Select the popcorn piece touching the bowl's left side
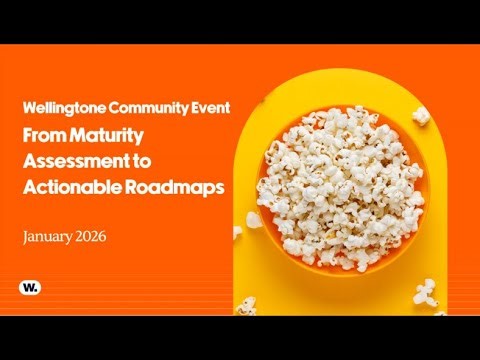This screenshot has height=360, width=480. click(x=254, y=219)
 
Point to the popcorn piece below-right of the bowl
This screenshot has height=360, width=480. click(x=424, y=291)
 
